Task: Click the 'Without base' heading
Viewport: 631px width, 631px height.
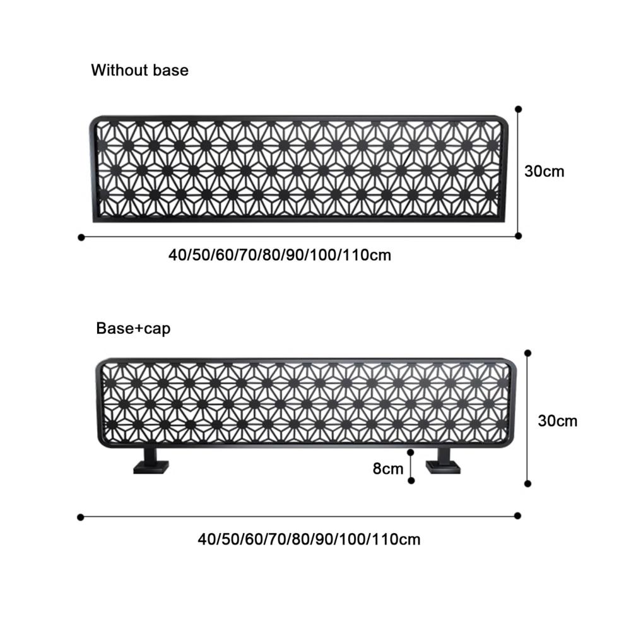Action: coord(139,70)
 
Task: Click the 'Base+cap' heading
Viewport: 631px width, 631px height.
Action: coord(133,328)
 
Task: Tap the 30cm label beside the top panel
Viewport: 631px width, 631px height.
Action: coord(544,172)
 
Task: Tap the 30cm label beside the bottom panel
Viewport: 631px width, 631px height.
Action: coord(557,421)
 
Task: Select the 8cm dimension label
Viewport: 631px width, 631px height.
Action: coord(388,469)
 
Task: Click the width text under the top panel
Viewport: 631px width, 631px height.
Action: coord(280,255)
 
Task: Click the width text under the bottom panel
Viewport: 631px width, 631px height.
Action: coord(309,540)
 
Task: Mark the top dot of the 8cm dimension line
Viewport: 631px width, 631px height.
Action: coord(411,452)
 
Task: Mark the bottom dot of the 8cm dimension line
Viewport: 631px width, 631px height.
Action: coord(411,480)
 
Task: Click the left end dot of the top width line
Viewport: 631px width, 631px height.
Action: coord(81,237)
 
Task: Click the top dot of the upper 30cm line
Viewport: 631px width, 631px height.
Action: coord(518,109)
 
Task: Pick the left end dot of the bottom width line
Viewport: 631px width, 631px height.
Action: coord(81,517)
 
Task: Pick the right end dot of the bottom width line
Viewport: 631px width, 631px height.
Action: coord(518,516)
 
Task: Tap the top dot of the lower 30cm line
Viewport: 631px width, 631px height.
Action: coord(528,353)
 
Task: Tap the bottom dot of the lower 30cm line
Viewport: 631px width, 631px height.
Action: coord(528,484)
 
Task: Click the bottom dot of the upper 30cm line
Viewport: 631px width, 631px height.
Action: coord(518,236)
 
